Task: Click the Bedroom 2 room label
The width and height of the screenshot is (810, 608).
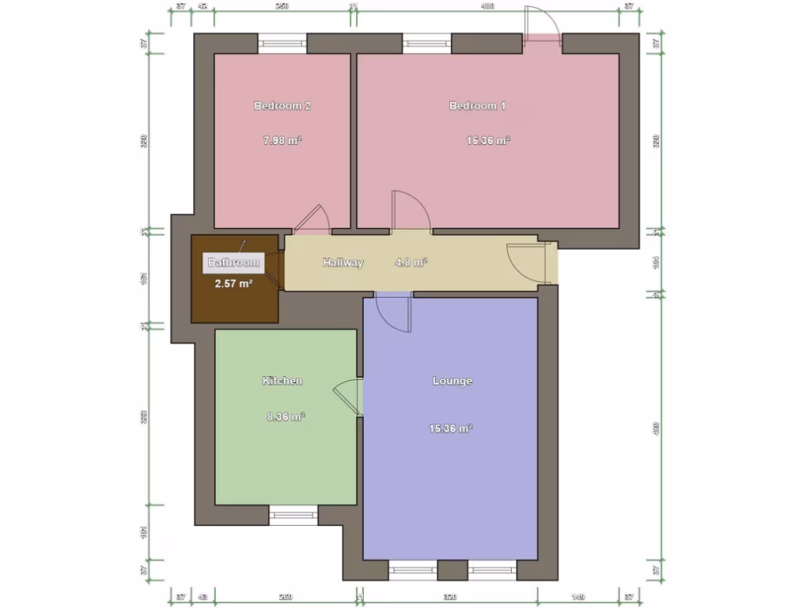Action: pyautogui.click(x=282, y=105)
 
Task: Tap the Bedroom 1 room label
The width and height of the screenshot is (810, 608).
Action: pyautogui.click(x=478, y=105)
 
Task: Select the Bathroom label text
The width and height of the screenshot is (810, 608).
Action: pyautogui.click(x=233, y=263)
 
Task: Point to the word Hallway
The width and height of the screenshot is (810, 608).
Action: pyautogui.click(x=343, y=263)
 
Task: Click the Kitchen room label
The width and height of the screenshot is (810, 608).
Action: pyautogui.click(x=282, y=381)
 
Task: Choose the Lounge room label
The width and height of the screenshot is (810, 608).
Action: pyautogui.click(x=452, y=381)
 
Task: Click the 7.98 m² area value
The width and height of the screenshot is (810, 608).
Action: pyautogui.click(x=283, y=141)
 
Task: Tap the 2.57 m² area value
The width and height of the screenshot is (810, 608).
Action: pyautogui.click(x=233, y=283)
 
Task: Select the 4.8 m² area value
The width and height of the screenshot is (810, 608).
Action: pyautogui.click(x=411, y=263)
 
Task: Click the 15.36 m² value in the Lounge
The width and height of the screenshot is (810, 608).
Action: pyautogui.click(x=451, y=428)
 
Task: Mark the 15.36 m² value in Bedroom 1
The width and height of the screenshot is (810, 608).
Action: pyautogui.click(x=488, y=141)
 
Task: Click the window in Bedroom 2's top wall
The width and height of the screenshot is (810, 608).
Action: pyautogui.click(x=282, y=44)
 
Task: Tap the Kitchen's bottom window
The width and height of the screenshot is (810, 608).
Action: pyautogui.click(x=294, y=515)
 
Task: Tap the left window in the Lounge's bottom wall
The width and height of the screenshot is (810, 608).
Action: pyautogui.click(x=414, y=570)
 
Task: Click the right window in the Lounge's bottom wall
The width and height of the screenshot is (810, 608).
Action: pyautogui.click(x=492, y=570)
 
